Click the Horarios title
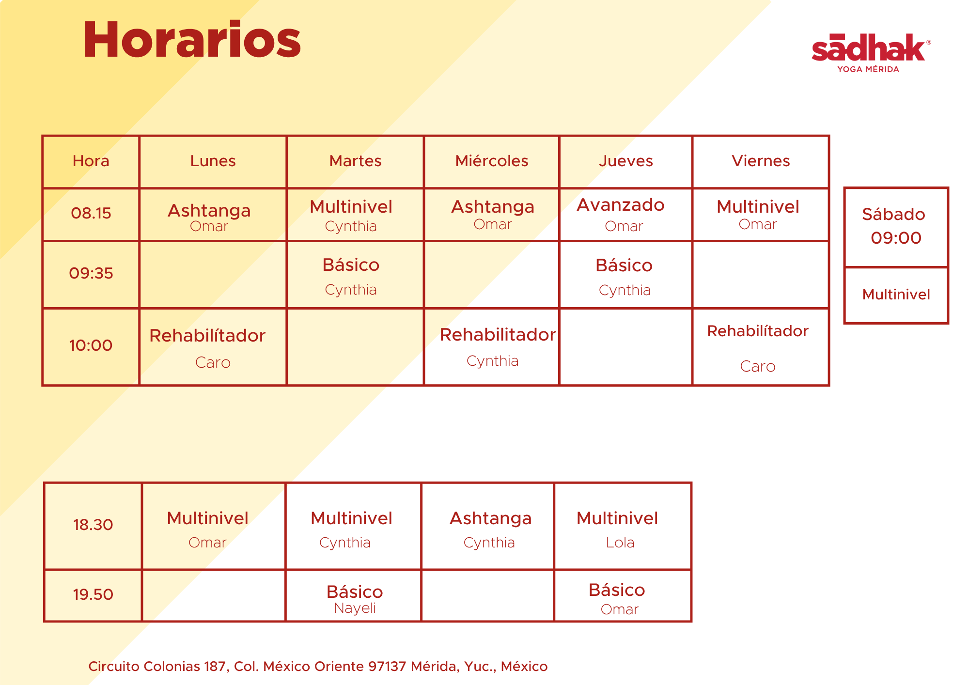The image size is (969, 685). click(x=192, y=40)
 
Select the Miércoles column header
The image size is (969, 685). click(x=492, y=161)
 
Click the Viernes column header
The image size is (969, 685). click(x=761, y=161)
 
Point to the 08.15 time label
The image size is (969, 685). click(x=91, y=213)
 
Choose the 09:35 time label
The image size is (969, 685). click(x=91, y=273)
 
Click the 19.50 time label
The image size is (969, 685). click(x=93, y=594)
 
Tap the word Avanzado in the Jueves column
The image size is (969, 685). click(x=621, y=205)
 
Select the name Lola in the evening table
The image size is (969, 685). click(x=620, y=543)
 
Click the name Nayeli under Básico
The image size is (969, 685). click(x=355, y=608)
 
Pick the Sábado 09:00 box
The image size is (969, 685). click(x=896, y=227)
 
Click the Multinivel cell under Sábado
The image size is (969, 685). click(x=896, y=295)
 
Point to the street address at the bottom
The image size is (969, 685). click(x=318, y=667)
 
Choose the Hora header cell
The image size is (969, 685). click(x=91, y=162)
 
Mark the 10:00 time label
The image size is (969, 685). click(x=91, y=345)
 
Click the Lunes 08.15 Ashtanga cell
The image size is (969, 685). click(x=213, y=215)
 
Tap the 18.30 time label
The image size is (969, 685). click(x=93, y=525)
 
